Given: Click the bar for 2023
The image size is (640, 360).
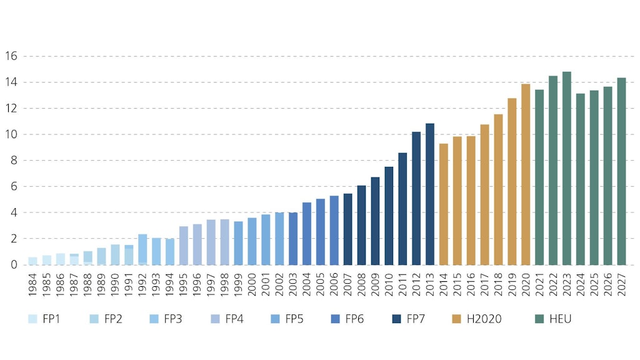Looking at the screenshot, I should pyautogui.click(x=567, y=169).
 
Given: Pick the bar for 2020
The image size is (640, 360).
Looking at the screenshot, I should pyautogui.click(x=526, y=174).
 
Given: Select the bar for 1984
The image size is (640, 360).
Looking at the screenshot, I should pyautogui.click(x=32, y=261).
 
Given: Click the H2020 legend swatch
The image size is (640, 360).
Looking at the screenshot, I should pyautogui.click(x=456, y=319).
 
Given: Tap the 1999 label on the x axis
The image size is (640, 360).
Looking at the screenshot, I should pyautogui.click(x=238, y=285).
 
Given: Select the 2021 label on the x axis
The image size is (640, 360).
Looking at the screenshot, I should pyautogui.click(x=539, y=285).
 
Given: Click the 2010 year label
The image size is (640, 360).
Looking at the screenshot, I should pyautogui.click(x=389, y=285).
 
